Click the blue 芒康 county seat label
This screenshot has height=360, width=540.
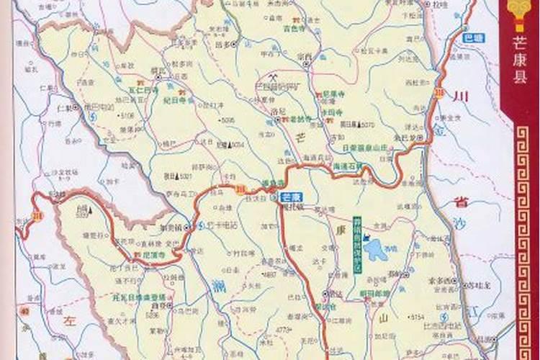coord(290,197)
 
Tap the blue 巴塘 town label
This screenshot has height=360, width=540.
coord(473,37)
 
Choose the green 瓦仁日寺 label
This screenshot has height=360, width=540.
coord(143,91)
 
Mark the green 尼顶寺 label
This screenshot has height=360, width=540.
coord(152,255)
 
